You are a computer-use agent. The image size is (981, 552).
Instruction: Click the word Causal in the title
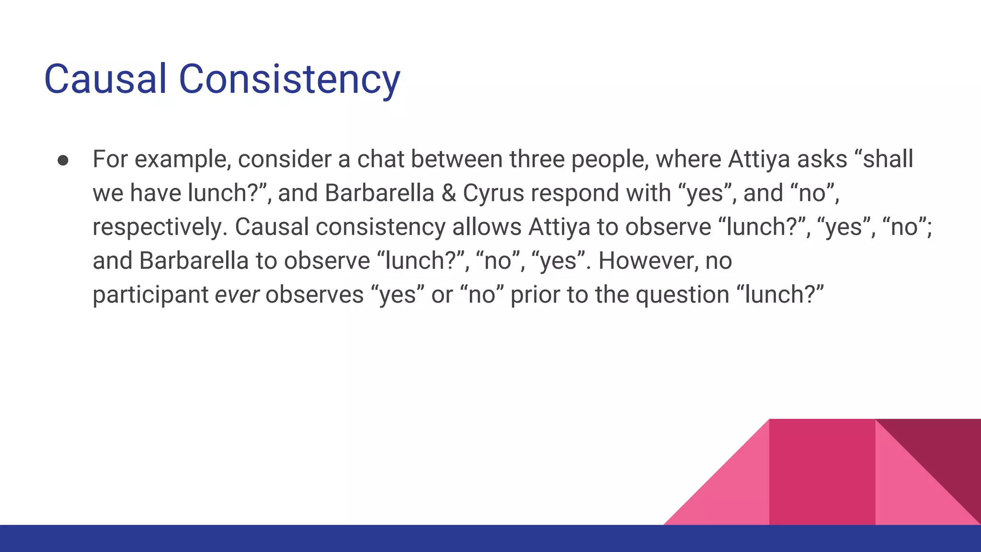pyautogui.click(x=105, y=79)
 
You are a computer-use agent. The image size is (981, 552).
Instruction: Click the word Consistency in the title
pyautogui.click(x=289, y=79)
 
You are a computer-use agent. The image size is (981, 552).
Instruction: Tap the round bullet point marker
pyautogui.click(x=63, y=160)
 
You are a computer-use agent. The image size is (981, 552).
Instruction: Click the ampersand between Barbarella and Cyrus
pyautogui.click(x=448, y=193)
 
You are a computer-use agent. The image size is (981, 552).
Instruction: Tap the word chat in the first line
pyautogui.click(x=381, y=159)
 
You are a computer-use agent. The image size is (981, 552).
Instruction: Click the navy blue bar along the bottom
pyautogui.click(x=335, y=539)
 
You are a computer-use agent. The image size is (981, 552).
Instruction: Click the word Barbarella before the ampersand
pyautogui.click(x=379, y=193)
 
